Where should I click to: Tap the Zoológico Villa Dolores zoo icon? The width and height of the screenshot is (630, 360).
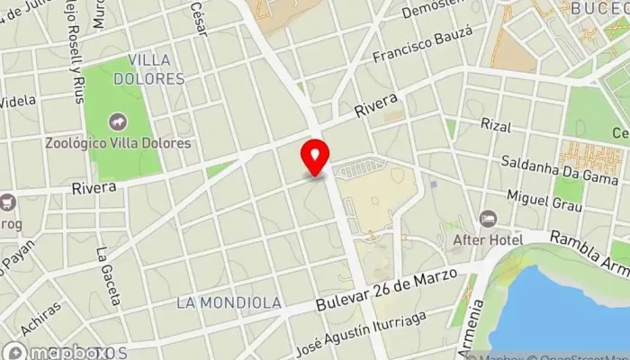(x=116, y=121)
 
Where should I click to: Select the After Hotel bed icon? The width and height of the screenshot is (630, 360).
(x=488, y=219)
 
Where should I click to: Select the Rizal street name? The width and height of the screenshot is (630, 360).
(x=496, y=124)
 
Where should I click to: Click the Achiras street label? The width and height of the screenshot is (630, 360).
(x=42, y=319)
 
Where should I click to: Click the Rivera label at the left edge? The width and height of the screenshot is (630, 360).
(x=94, y=188)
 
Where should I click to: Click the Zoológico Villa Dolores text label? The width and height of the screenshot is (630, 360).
(x=119, y=143)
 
